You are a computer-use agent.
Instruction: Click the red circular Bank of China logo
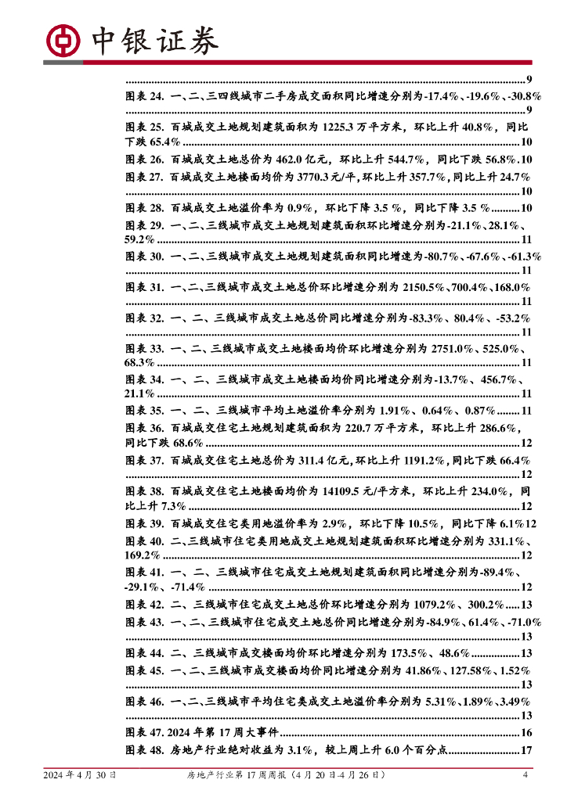click(63, 39)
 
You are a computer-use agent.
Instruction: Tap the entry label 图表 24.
click(144, 95)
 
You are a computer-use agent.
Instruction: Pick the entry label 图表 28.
click(144, 208)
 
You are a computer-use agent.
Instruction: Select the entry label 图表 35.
click(144, 411)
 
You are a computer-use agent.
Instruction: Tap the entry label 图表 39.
click(144, 523)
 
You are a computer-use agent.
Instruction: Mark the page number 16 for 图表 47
click(526, 733)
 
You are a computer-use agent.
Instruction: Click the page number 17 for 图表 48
click(526, 750)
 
